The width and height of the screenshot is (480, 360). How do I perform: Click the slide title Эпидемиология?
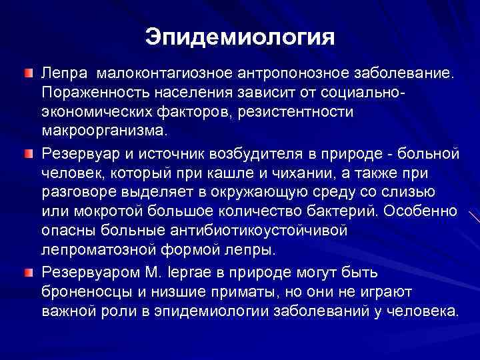click(x=240, y=37)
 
